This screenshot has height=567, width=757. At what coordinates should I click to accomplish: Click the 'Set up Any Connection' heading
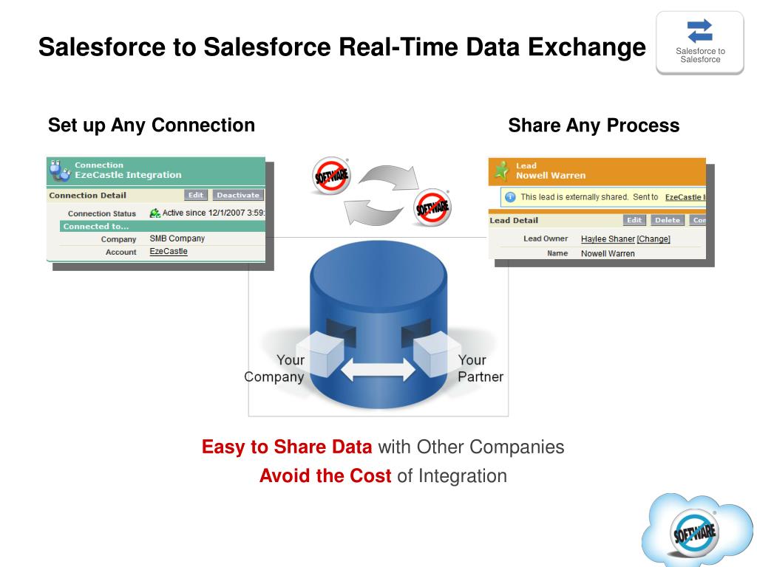coord(152,126)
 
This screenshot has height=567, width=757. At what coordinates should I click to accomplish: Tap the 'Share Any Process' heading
coord(594,126)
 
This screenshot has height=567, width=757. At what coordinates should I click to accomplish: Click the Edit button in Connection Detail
coord(196,196)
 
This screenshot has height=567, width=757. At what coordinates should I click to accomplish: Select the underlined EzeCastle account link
coord(169,252)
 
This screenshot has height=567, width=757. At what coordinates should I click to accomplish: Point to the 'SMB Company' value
coord(177,239)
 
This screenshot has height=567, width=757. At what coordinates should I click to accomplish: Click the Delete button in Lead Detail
coord(668,220)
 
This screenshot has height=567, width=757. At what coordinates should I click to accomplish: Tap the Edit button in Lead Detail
coord(634,220)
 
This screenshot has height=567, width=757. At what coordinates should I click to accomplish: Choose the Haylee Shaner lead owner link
coord(608,239)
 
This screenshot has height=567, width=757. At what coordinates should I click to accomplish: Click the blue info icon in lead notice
coord(510,197)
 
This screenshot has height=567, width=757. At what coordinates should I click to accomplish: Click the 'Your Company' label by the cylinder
coord(274,368)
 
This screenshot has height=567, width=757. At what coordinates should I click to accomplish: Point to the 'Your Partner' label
coord(481,368)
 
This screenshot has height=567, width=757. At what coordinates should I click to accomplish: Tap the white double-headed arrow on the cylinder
coord(378,368)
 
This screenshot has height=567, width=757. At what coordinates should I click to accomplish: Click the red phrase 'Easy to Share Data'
coord(287,447)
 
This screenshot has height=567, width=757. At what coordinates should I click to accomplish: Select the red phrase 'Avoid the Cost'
coord(325,476)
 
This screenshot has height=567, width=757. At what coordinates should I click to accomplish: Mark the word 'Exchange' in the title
coord(586,47)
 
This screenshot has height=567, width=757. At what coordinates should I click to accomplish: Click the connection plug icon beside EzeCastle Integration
coord(59,171)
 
